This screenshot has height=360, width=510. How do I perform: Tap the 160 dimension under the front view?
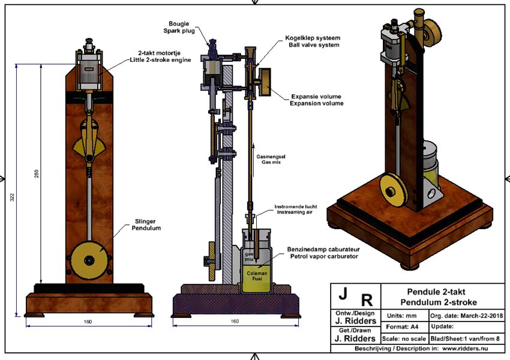pos(88,322)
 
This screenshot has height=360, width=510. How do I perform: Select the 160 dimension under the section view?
pos(235,322)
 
